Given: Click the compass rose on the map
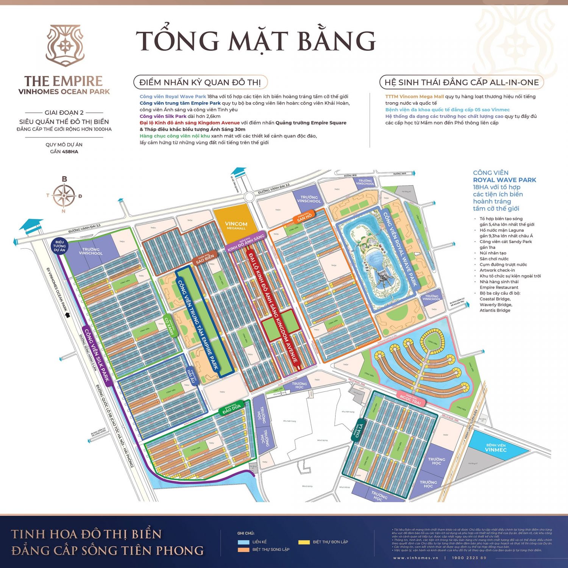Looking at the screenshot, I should click(x=64, y=195).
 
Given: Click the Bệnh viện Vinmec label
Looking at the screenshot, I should click(x=496, y=448).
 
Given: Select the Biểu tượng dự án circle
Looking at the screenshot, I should click(x=59, y=246).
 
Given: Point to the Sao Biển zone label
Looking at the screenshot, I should click(x=205, y=258).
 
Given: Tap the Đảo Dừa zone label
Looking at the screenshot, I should click(x=231, y=408).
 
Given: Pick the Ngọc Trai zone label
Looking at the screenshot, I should click(x=410, y=399).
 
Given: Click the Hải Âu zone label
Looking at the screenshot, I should click(x=192, y=376).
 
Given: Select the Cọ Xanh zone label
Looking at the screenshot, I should click(x=169, y=326).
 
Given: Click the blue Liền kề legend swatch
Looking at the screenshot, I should click(x=243, y=542).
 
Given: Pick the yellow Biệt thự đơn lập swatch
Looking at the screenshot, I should click(x=304, y=542).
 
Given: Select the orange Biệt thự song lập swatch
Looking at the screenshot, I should click(x=243, y=549).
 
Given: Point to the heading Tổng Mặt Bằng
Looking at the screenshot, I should click(x=256, y=41).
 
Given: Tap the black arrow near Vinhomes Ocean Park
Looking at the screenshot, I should click(x=68, y=315).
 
